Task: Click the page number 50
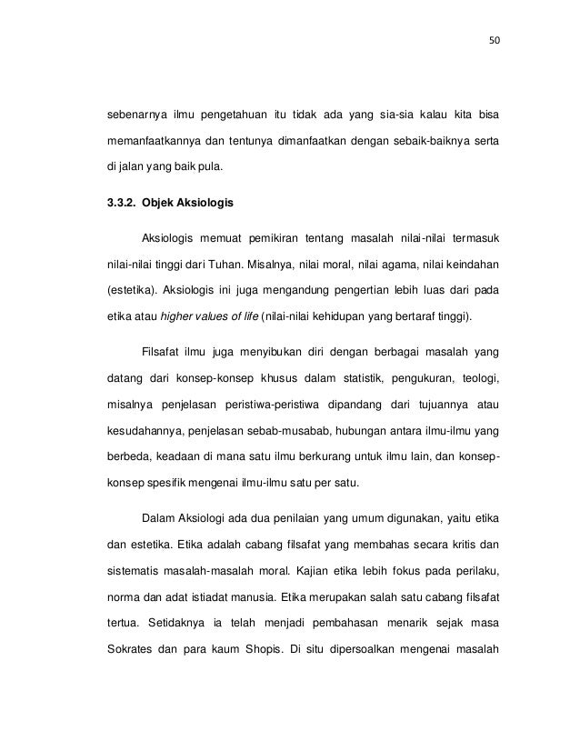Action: [x=494, y=40]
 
